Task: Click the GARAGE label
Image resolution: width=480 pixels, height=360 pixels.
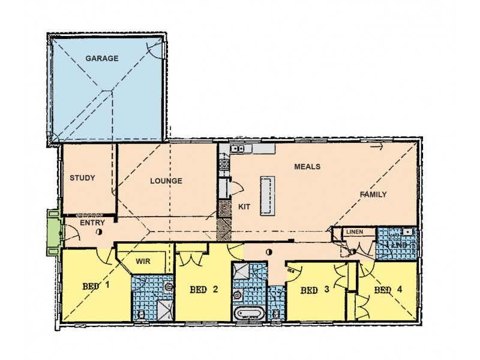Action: pos(101,59)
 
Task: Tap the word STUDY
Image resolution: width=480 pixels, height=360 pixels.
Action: pos(83,178)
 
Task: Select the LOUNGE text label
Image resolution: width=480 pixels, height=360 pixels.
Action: pos(166,181)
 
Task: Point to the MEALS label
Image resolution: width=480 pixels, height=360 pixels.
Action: pos(307,167)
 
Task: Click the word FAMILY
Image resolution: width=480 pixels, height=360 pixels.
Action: pos(373,194)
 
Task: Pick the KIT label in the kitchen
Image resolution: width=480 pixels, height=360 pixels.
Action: pos(244,206)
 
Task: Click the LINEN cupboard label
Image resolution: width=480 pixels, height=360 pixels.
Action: pos(353,232)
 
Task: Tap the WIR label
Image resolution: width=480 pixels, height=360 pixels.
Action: pos(143,262)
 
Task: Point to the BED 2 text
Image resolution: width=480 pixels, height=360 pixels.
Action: pos(203,290)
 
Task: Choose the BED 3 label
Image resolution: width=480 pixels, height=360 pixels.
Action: pos(315,290)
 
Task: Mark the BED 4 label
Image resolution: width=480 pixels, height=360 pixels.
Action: pos(388,290)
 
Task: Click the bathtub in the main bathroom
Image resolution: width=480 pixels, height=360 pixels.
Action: pos(248,313)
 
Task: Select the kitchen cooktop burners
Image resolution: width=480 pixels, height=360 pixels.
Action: pos(223,163)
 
